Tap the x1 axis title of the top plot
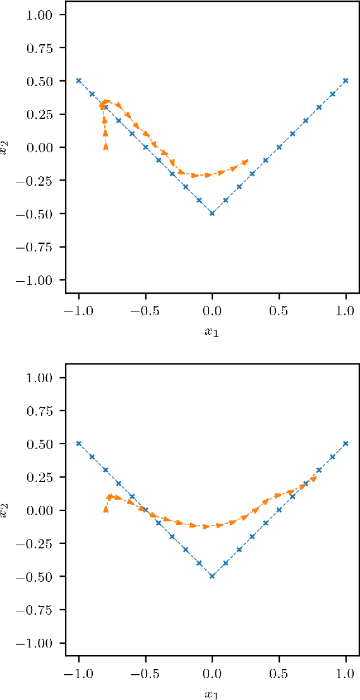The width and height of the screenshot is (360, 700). click(x=212, y=331)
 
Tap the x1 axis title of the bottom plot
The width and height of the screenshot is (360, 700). click(x=212, y=694)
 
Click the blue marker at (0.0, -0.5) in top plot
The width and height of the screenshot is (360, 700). click(x=212, y=214)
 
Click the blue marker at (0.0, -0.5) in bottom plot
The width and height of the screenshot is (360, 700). click(x=212, y=576)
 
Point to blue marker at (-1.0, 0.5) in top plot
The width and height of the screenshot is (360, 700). click(x=79, y=81)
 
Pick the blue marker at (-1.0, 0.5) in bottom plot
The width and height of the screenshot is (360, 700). click(x=79, y=444)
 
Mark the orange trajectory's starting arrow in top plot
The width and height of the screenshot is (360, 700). click(x=105, y=146)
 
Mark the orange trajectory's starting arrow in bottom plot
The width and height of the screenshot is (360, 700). click(x=105, y=509)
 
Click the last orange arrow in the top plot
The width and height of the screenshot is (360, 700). click(x=245, y=162)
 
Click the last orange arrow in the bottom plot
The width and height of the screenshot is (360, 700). click(x=314, y=479)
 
